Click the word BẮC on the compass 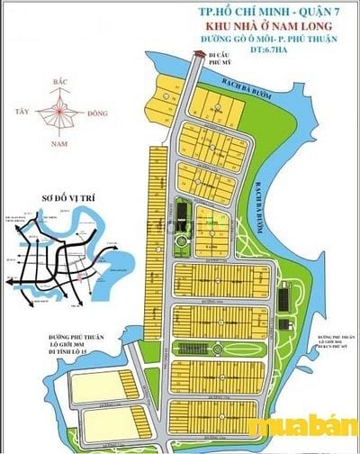pos(62,81)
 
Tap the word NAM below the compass pos(61,142)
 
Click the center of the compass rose pos(62,112)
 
